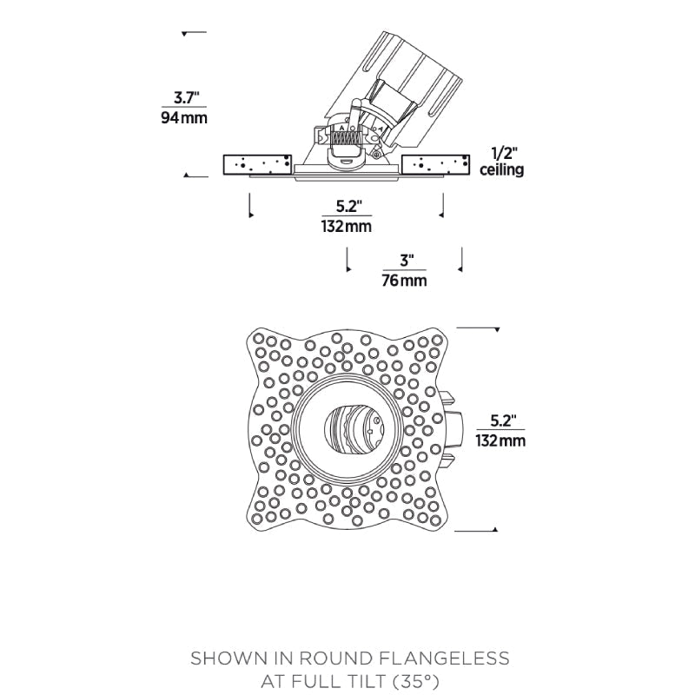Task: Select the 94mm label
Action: pos(184,117)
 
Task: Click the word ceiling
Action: pos(502,170)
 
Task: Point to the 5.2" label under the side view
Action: pos(347,207)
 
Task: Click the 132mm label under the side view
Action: pos(347,227)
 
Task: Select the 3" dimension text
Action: pos(406,261)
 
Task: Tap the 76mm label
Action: pos(405,281)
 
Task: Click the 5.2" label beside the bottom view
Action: pos(501,420)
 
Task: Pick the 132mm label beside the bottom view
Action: pos(500,440)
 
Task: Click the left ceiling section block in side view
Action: pos(256,164)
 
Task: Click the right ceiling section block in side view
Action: pos(438,164)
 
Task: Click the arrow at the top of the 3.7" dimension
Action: pos(185,34)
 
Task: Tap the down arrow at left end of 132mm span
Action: pos(250,214)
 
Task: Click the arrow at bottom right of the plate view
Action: pos(495,529)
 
